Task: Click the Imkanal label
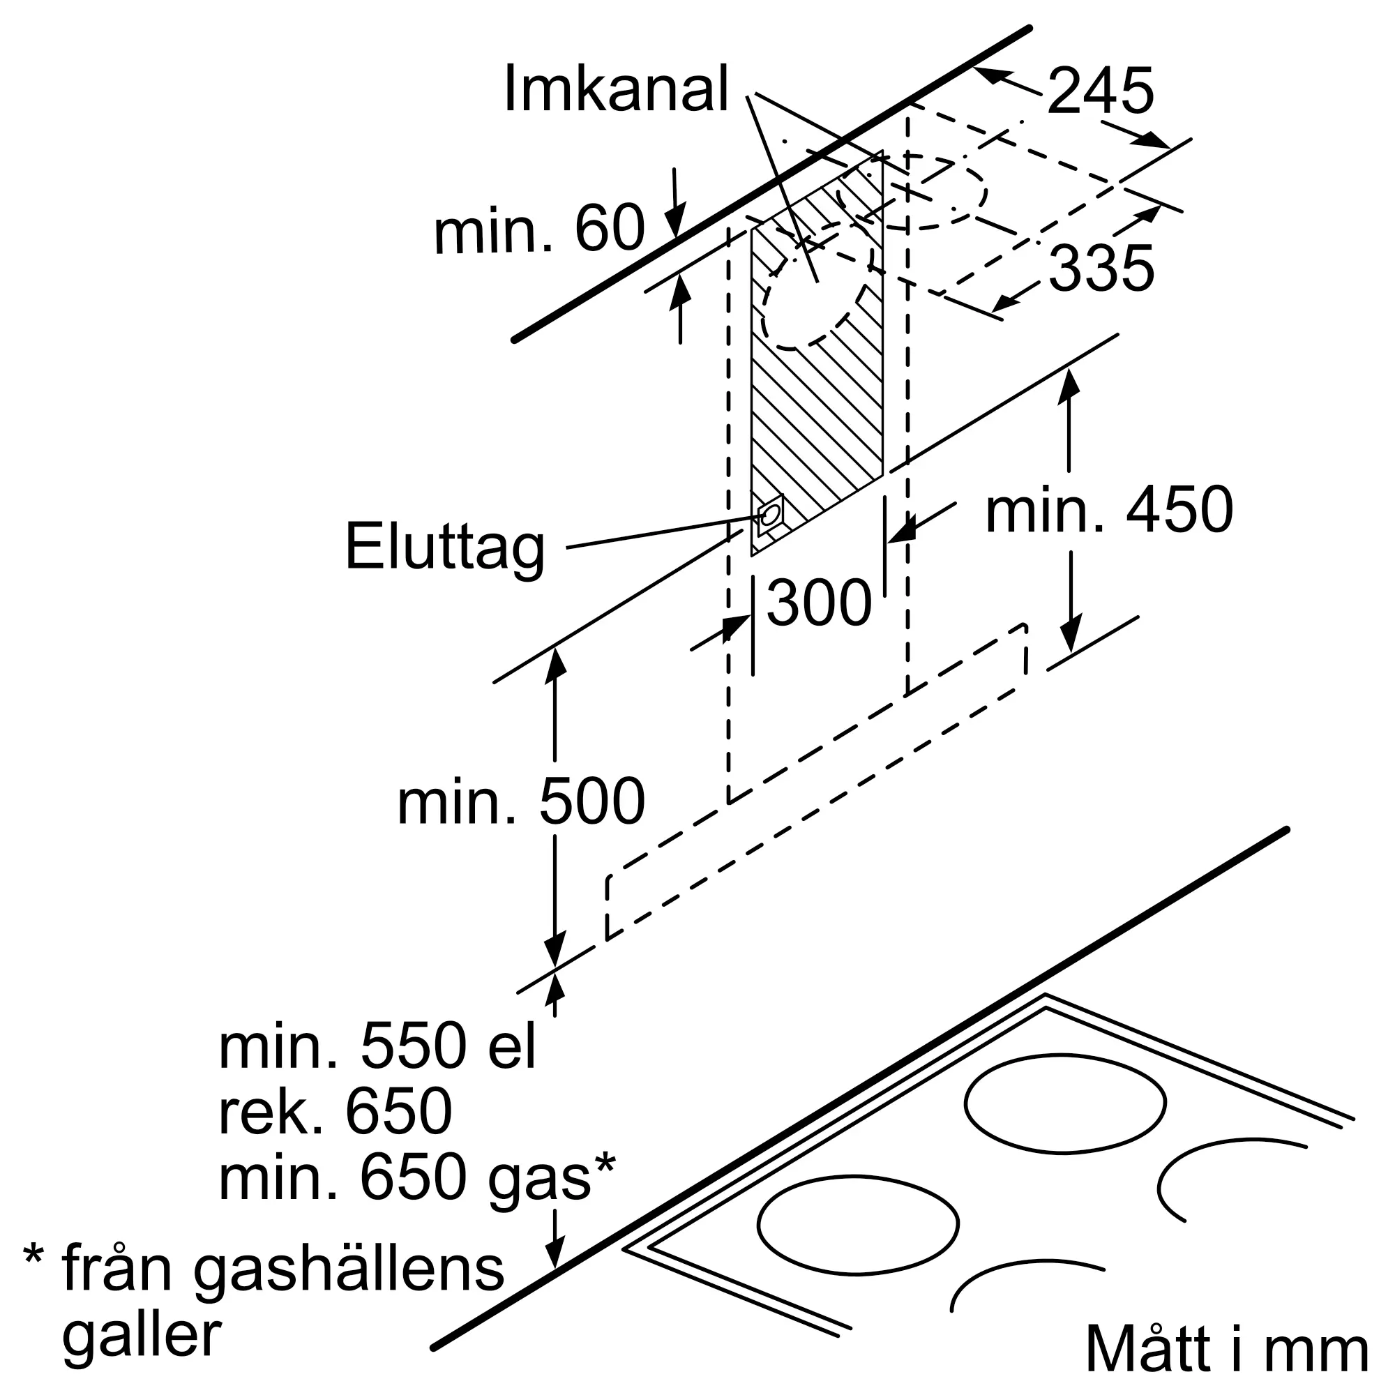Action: pos(615,89)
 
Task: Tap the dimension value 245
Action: pos(1100,91)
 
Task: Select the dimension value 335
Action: pos(1101,269)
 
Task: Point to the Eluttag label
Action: pos(445,548)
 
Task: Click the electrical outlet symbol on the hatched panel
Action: pos(771,515)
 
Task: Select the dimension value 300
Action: pos(819,603)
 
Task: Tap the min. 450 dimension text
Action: pos(1109,510)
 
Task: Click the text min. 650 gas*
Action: pos(417,1178)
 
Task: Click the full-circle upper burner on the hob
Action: pos(1065,1103)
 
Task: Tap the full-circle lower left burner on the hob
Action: pos(859,1225)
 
